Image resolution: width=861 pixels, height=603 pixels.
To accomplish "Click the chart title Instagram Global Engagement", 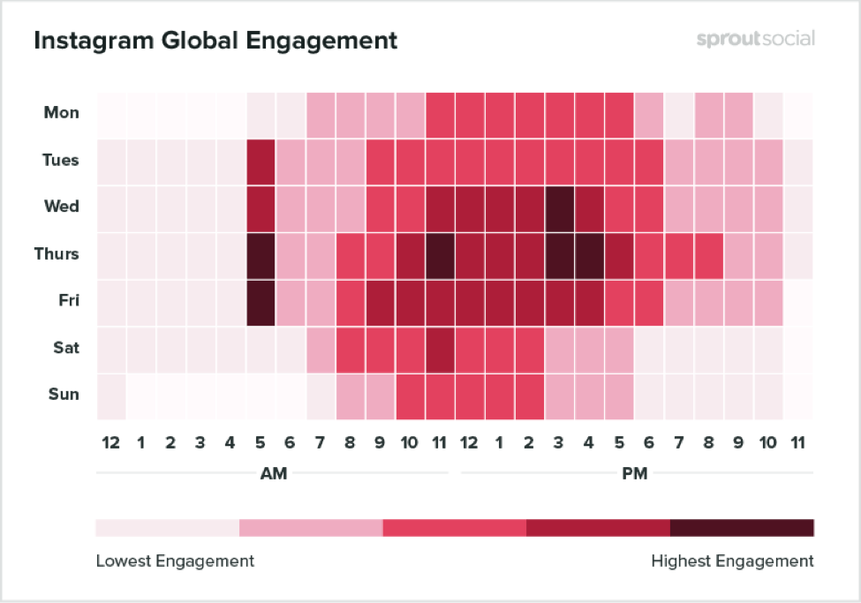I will (x=215, y=41).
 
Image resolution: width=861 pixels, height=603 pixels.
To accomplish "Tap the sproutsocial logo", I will (x=755, y=40).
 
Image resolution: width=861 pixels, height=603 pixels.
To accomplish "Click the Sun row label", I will (x=63, y=395).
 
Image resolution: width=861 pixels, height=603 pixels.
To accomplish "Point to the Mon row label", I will (x=62, y=113).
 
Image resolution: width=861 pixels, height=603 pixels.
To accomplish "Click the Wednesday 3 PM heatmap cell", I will (x=560, y=207).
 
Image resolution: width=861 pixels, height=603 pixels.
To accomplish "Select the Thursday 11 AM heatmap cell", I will (x=440, y=254).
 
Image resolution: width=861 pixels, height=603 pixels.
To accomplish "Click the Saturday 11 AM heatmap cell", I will (x=440, y=348).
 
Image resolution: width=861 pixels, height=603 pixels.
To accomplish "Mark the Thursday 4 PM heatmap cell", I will (x=590, y=254).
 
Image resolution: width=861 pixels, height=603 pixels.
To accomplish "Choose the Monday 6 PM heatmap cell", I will (x=649, y=113).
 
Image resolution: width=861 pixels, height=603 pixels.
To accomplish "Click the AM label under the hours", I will (x=274, y=474).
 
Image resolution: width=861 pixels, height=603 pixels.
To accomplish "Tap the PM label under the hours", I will (x=634, y=474).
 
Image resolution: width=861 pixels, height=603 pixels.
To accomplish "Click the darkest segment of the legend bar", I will (x=742, y=528).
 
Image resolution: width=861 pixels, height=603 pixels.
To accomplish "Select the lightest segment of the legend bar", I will (x=167, y=528).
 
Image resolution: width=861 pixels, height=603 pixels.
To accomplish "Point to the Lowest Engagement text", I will (x=175, y=562).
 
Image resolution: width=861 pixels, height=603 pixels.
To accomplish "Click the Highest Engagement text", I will (x=732, y=562).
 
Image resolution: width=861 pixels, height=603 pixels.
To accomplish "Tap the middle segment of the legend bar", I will (x=454, y=528).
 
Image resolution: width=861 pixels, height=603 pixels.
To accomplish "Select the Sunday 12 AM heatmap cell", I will (x=110, y=395).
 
